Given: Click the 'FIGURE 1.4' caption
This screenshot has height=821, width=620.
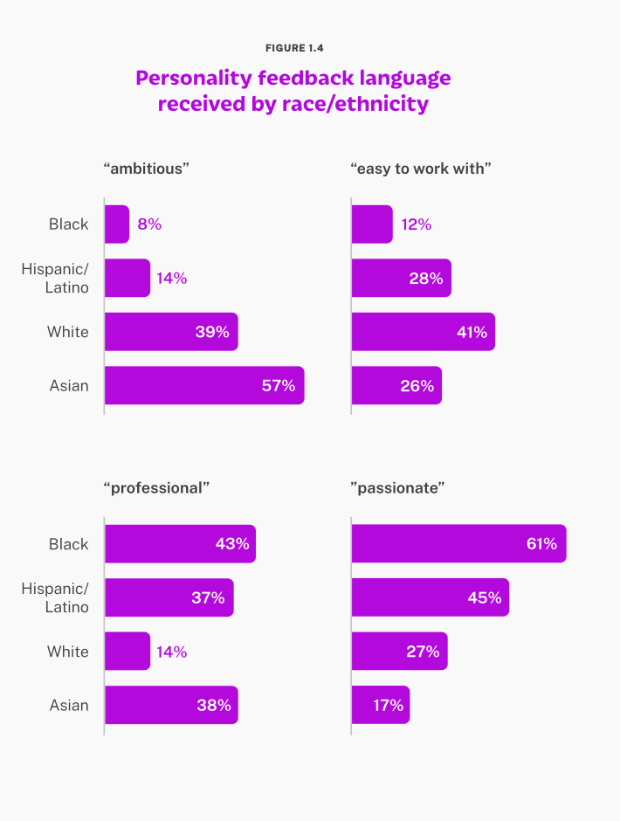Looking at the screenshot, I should tap(294, 48).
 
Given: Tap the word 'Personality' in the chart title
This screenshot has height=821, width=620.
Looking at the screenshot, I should tap(193, 78).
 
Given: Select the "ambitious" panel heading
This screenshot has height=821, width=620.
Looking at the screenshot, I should tap(147, 169).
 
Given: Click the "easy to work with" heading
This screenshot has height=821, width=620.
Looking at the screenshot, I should tap(421, 169).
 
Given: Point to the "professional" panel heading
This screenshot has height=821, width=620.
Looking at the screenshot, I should tap(157, 488).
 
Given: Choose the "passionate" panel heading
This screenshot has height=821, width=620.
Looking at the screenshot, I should tap(398, 488).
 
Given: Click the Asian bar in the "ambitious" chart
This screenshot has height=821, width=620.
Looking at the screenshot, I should tap(203, 385).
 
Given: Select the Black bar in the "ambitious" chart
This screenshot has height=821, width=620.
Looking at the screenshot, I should tap(117, 224).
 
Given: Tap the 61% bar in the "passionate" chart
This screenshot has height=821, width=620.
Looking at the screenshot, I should tap(458, 544).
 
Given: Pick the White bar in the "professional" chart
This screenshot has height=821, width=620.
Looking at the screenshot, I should tap(127, 652).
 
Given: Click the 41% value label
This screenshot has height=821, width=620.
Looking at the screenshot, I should tap(471, 332).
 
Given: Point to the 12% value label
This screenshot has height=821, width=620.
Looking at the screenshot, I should tap(417, 224).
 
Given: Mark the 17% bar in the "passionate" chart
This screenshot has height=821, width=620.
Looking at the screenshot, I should tap(380, 705).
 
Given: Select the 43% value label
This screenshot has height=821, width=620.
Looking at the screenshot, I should tap(232, 544).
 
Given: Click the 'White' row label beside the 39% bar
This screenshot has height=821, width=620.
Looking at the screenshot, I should tap(68, 332).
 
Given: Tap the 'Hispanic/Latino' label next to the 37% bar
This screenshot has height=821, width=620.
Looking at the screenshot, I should tap(55, 597).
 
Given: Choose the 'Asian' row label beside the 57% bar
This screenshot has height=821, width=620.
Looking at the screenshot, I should tap(69, 385).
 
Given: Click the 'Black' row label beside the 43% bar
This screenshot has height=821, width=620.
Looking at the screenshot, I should tap(69, 544).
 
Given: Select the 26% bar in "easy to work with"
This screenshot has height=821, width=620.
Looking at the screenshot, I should tap(396, 385).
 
